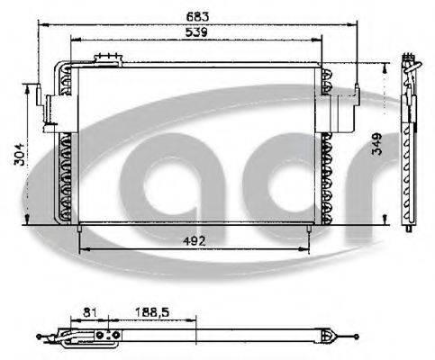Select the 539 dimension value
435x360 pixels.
pyautogui.click(x=195, y=32)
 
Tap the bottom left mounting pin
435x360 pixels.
pyautogui.click(x=81, y=236)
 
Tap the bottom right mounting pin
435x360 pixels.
pyautogui.click(x=311, y=236)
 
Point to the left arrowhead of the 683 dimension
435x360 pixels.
pyautogui.click(x=38, y=24)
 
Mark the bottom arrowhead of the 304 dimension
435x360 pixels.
pyautogui.click(x=26, y=225)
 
